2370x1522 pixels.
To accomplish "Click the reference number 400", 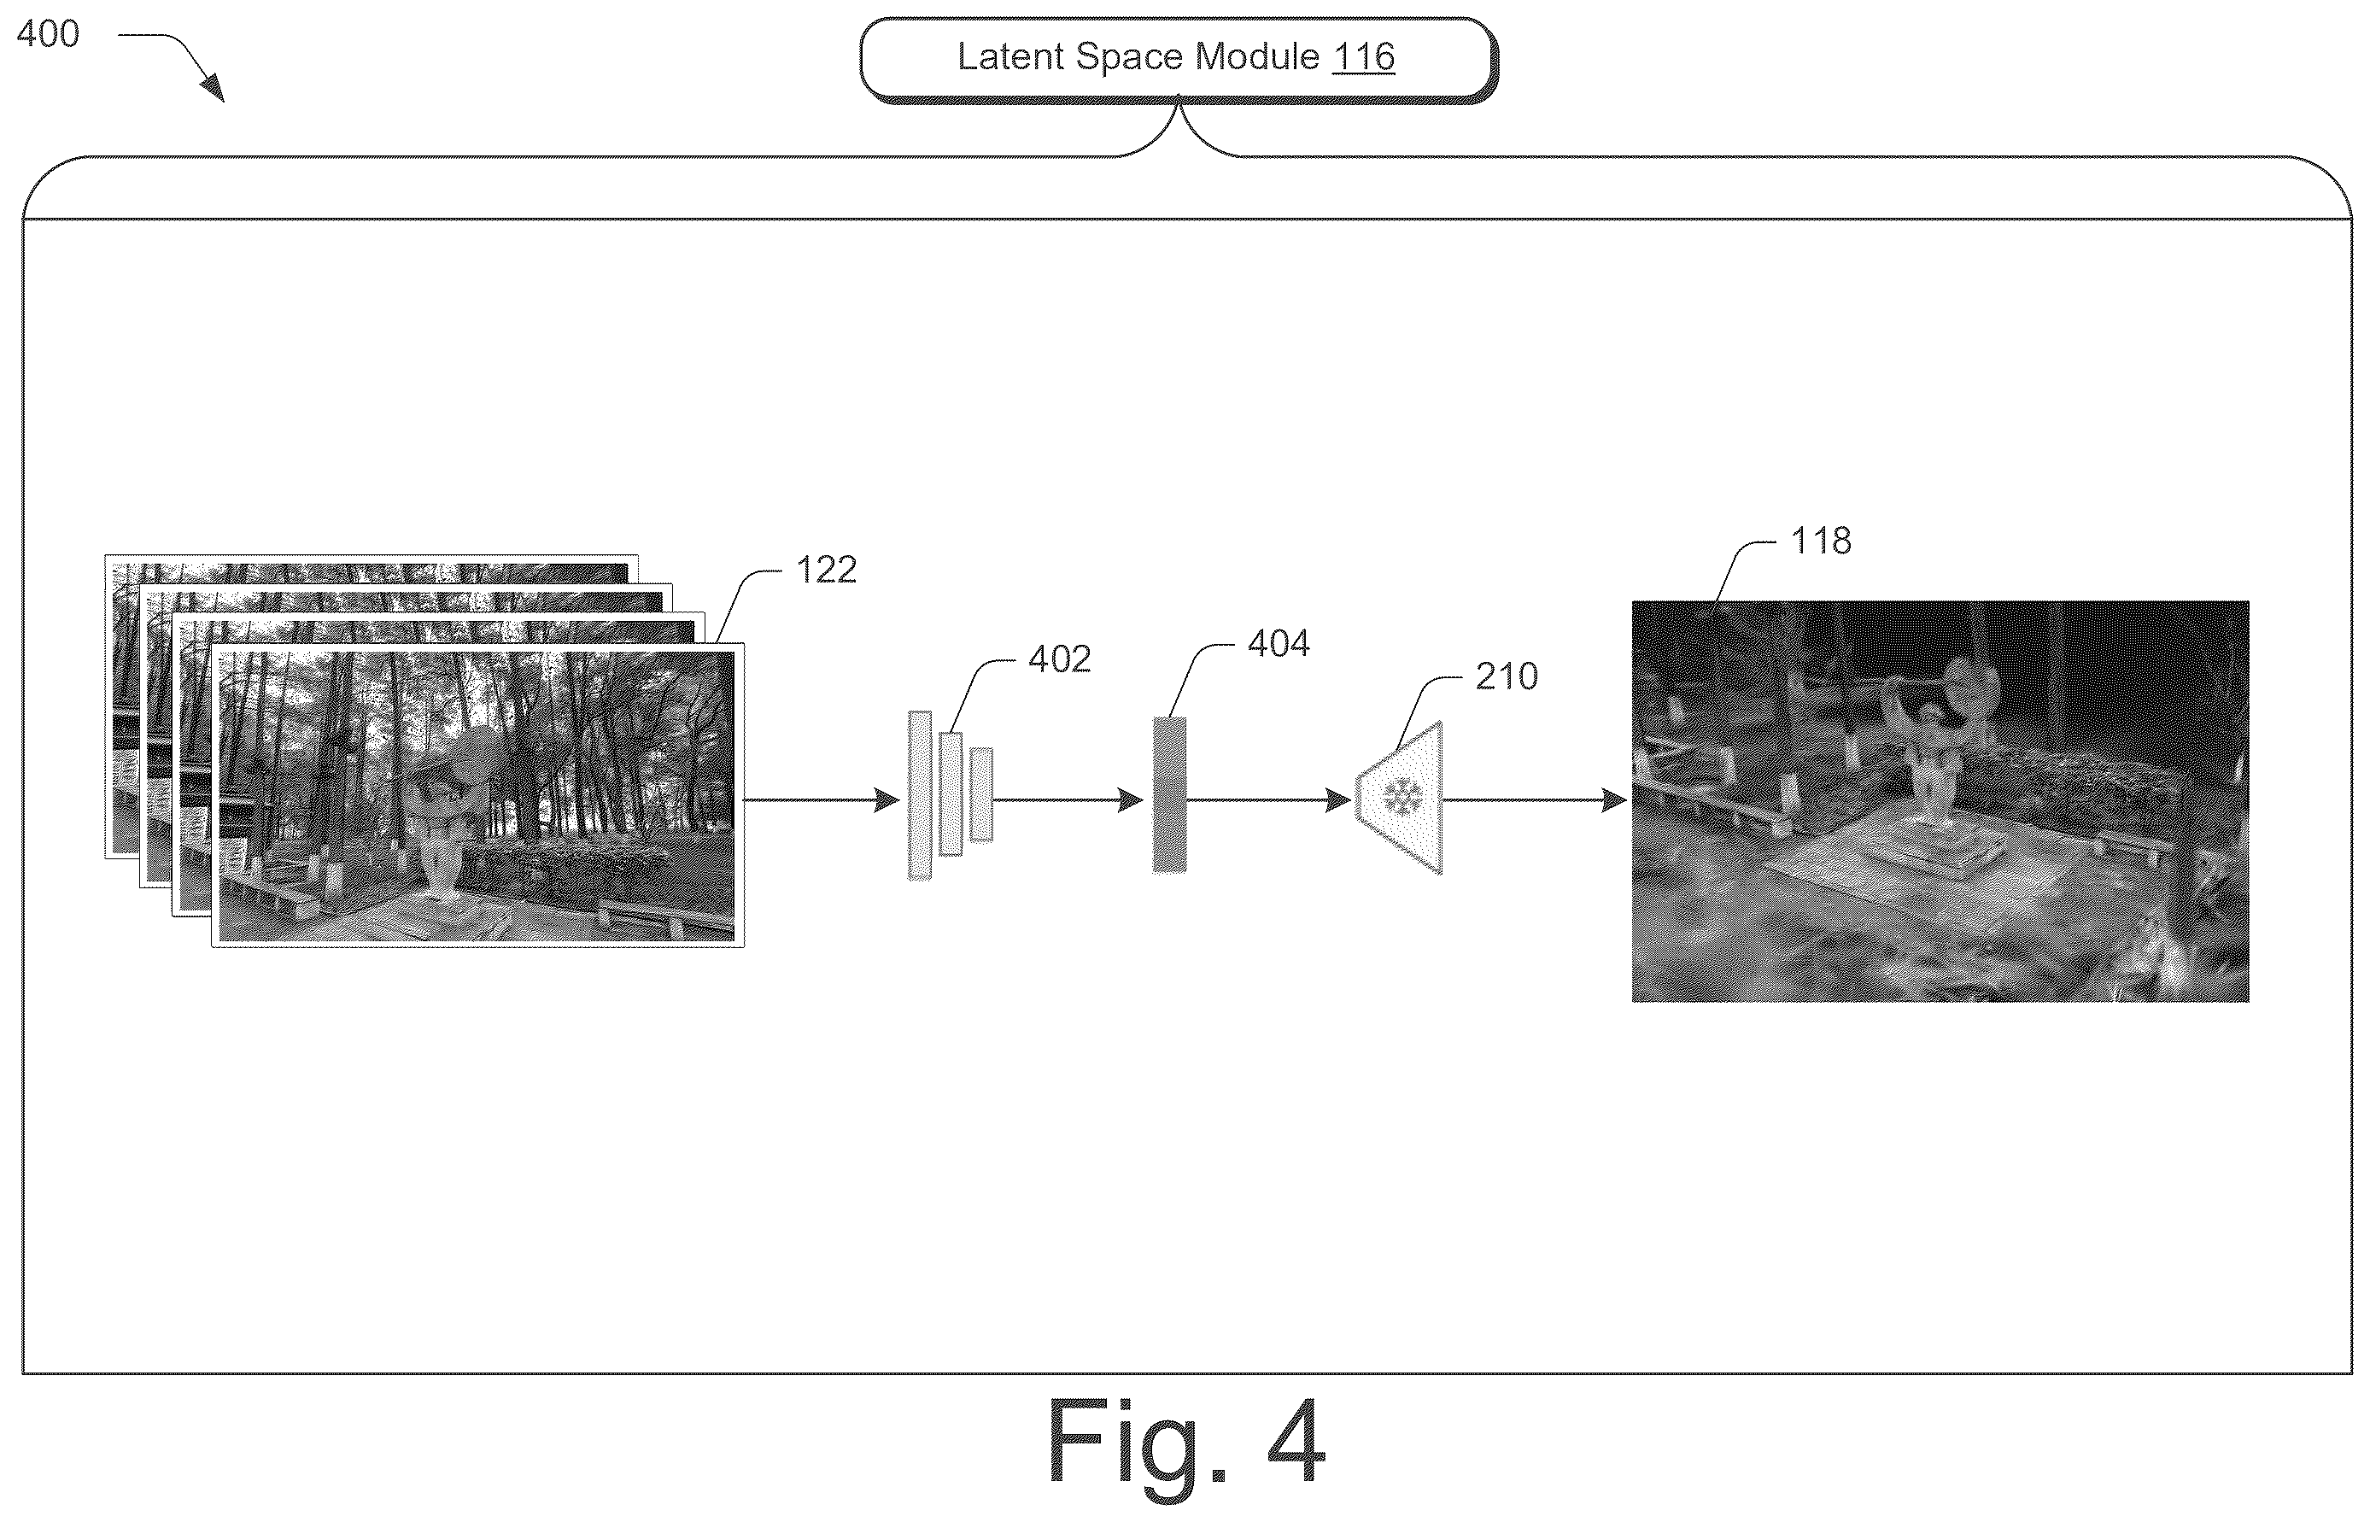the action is pyautogui.click(x=48, y=34).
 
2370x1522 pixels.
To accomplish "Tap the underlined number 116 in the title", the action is pyautogui.click(x=1363, y=57).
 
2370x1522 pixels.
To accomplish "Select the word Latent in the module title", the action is pyautogui.click(x=1010, y=56).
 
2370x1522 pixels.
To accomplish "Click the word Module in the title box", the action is pyautogui.click(x=1257, y=56).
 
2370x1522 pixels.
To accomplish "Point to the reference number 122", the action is pyautogui.click(x=826, y=570).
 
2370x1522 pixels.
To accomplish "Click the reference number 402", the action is pyautogui.click(x=1060, y=659).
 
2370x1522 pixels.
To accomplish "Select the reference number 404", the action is pyautogui.click(x=1279, y=644).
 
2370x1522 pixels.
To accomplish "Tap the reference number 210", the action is pyautogui.click(x=1507, y=677).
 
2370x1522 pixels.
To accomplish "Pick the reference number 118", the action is pyautogui.click(x=1822, y=541).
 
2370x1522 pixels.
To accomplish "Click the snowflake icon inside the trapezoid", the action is pyautogui.click(x=1402, y=797).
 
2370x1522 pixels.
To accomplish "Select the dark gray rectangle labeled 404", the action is pyautogui.click(x=1169, y=794).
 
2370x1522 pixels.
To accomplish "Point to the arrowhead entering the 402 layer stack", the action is pyautogui.click(x=887, y=799).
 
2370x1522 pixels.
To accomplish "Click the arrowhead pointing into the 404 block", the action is pyautogui.click(x=1132, y=799).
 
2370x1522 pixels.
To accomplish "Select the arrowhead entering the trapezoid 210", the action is pyautogui.click(x=1339, y=799).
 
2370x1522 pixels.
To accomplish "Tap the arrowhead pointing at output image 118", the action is pyautogui.click(x=1614, y=799).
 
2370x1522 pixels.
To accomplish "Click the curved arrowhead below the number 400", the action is pyautogui.click(x=213, y=89).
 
